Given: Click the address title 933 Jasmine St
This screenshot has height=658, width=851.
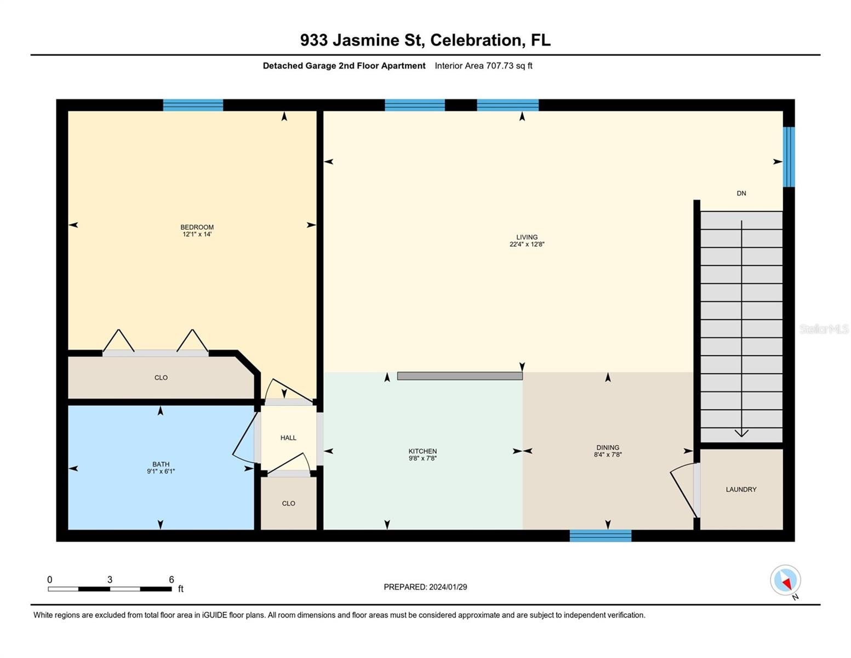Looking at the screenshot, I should (x=425, y=40).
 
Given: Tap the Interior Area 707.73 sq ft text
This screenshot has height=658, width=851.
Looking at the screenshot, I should (x=483, y=66).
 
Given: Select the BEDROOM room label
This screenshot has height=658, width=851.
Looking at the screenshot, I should (x=197, y=227).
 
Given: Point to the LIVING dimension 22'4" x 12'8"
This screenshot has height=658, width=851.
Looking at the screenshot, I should (x=527, y=245).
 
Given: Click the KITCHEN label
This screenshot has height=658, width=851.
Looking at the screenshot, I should (x=422, y=451).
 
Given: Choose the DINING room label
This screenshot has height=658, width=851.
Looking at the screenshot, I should (x=608, y=447).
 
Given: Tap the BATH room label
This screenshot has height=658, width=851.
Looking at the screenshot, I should (x=161, y=464).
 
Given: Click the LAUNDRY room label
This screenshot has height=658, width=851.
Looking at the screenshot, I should (x=741, y=489).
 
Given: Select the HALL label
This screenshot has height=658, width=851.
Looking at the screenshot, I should (x=288, y=438).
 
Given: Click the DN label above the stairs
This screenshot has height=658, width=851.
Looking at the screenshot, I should (x=741, y=193).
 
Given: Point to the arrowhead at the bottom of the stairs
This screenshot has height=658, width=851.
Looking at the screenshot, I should (x=741, y=433).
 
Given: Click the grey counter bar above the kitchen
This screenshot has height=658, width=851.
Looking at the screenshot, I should (x=460, y=376).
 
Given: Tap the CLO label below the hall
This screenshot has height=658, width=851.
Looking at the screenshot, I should (x=288, y=503).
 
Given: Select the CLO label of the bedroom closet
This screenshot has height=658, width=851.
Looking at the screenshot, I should (x=161, y=378).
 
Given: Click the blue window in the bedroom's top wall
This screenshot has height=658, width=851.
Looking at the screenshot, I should (x=193, y=105).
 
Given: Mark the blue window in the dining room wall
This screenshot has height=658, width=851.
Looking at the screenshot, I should (x=601, y=536).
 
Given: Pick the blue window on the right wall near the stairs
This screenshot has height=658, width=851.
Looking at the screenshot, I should (x=789, y=157).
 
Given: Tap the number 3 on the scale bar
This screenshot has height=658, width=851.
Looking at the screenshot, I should (x=110, y=580).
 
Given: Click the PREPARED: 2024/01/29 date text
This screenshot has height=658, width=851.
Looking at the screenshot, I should (x=425, y=587).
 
